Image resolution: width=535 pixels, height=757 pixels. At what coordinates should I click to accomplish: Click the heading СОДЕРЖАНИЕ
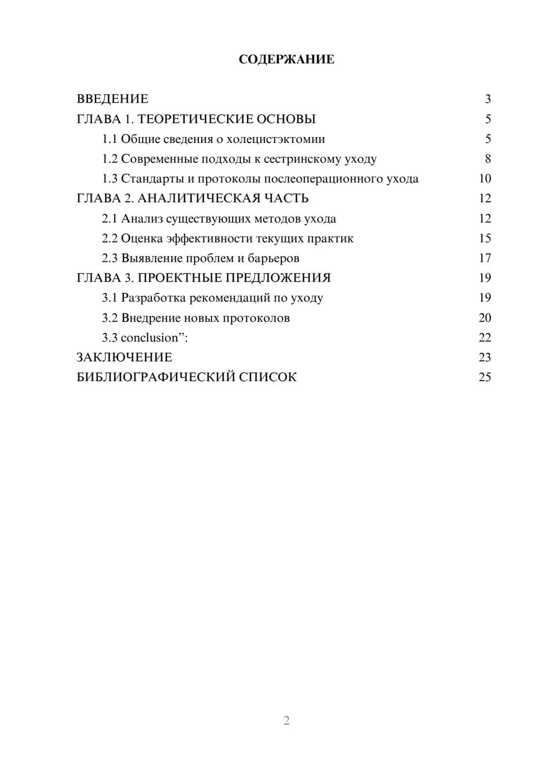click(x=286, y=59)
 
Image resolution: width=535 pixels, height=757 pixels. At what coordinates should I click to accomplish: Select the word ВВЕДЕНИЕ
click(x=112, y=99)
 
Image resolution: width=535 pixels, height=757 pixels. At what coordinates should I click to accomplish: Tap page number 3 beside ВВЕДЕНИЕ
click(x=487, y=99)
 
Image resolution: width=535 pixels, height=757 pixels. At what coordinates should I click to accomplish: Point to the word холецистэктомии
click(x=276, y=139)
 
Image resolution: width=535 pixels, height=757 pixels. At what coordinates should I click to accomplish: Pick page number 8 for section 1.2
click(x=487, y=159)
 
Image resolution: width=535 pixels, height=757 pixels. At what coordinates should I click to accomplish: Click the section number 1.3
click(x=110, y=179)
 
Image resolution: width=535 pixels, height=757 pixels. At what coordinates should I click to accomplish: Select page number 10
click(x=485, y=179)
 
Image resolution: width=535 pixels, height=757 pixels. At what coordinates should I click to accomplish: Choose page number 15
click(x=485, y=238)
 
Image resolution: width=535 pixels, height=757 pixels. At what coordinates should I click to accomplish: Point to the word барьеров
click(x=274, y=258)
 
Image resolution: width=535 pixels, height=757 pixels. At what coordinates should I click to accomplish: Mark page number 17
click(x=485, y=258)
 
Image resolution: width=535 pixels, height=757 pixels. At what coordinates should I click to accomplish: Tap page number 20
click(x=485, y=318)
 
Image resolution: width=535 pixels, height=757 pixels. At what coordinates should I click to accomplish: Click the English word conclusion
click(x=149, y=338)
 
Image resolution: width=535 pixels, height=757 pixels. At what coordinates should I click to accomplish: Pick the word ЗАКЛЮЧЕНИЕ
click(x=124, y=358)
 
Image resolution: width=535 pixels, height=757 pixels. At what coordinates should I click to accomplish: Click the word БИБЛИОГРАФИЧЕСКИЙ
click(x=156, y=377)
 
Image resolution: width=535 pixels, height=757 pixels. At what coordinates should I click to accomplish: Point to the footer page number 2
click(x=286, y=721)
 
